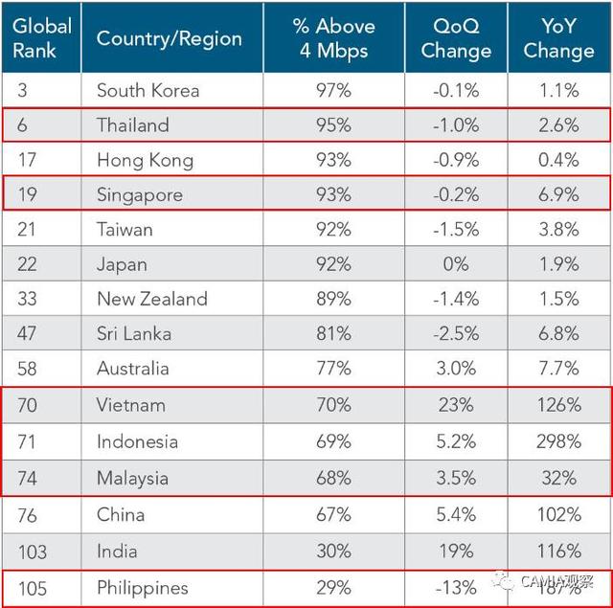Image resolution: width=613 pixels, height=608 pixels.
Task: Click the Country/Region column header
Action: tap(169, 39)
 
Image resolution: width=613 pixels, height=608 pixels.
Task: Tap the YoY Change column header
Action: tap(558, 39)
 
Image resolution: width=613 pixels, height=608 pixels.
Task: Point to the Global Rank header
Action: tap(41, 39)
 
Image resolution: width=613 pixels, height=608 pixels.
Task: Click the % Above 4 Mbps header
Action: tap(333, 39)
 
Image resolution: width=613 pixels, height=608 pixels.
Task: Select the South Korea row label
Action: tap(148, 91)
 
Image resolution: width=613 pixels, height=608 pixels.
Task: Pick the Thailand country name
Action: tap(132, 125)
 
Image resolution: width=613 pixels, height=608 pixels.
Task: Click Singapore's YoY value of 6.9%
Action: tap(558, 195)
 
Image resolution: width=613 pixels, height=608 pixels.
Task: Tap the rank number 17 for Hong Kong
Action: tap(28, 160)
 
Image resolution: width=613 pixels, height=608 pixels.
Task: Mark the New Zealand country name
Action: tap(151, 299)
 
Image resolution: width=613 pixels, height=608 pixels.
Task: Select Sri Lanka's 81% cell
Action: tap(333, 334)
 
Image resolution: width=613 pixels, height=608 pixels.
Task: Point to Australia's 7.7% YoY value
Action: tap(558, 369)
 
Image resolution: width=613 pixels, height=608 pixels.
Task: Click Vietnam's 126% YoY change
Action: tap(558, 405)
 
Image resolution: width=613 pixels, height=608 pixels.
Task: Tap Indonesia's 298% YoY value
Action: tap(558, 441)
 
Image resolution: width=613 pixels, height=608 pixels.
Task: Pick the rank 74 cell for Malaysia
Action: tap(28, 478)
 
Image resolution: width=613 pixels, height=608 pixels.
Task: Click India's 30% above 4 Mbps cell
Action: tap(333, 552)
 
